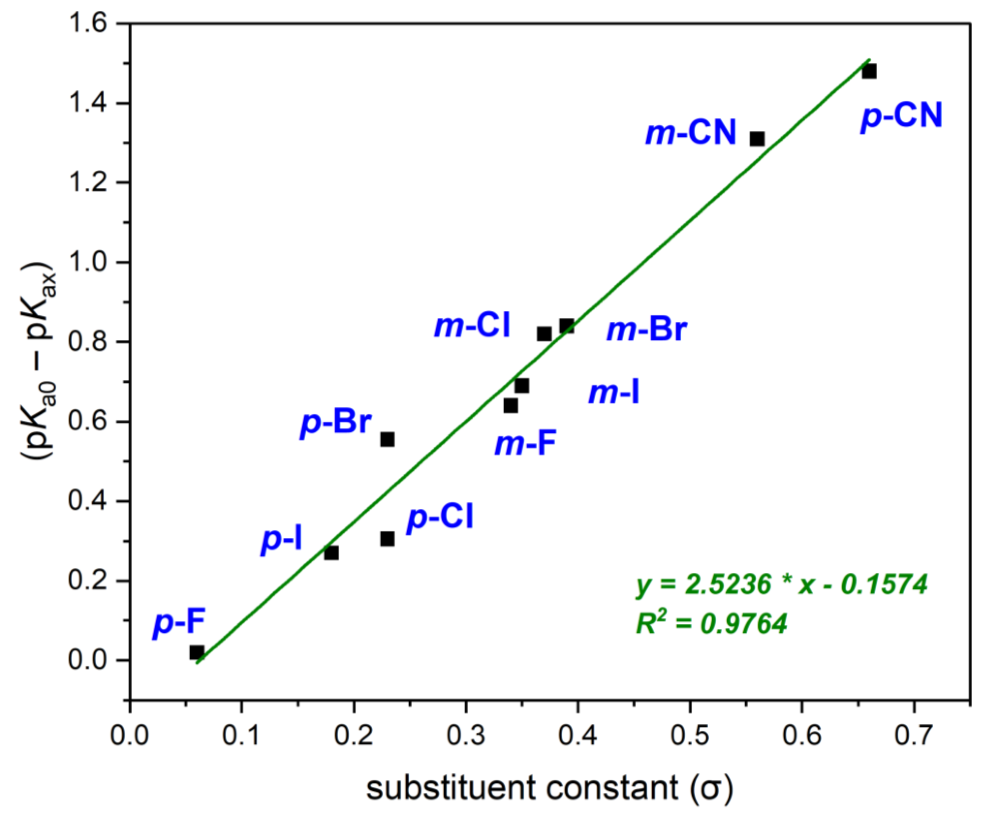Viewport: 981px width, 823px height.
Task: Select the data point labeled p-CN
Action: click(x=869, y=72)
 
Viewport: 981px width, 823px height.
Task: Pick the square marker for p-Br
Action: click(x=387, y=439)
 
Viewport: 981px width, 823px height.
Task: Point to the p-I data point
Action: click(x=331, y=553)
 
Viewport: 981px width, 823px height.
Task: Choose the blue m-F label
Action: click(x=526, y=444)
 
